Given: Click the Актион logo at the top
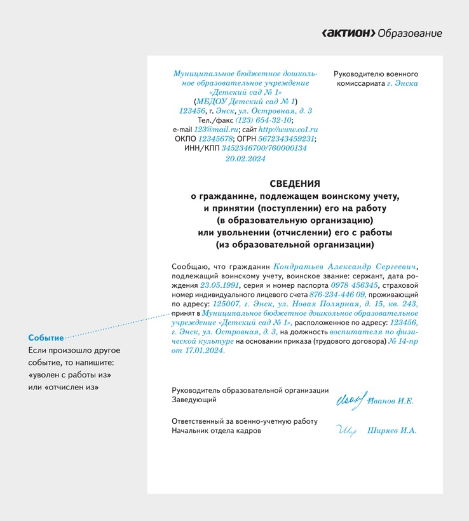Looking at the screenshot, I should click(348, 34).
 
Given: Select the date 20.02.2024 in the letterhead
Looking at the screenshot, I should click(245, 159).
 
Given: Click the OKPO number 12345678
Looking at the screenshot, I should click(215, 139).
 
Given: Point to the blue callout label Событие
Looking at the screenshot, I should click(46, 338).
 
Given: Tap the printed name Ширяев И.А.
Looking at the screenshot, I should click(392, 430).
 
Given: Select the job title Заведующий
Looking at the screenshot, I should click(194, 400).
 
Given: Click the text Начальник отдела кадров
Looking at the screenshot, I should click(216, 430).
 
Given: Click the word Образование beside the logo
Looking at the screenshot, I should click(410, 34).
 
